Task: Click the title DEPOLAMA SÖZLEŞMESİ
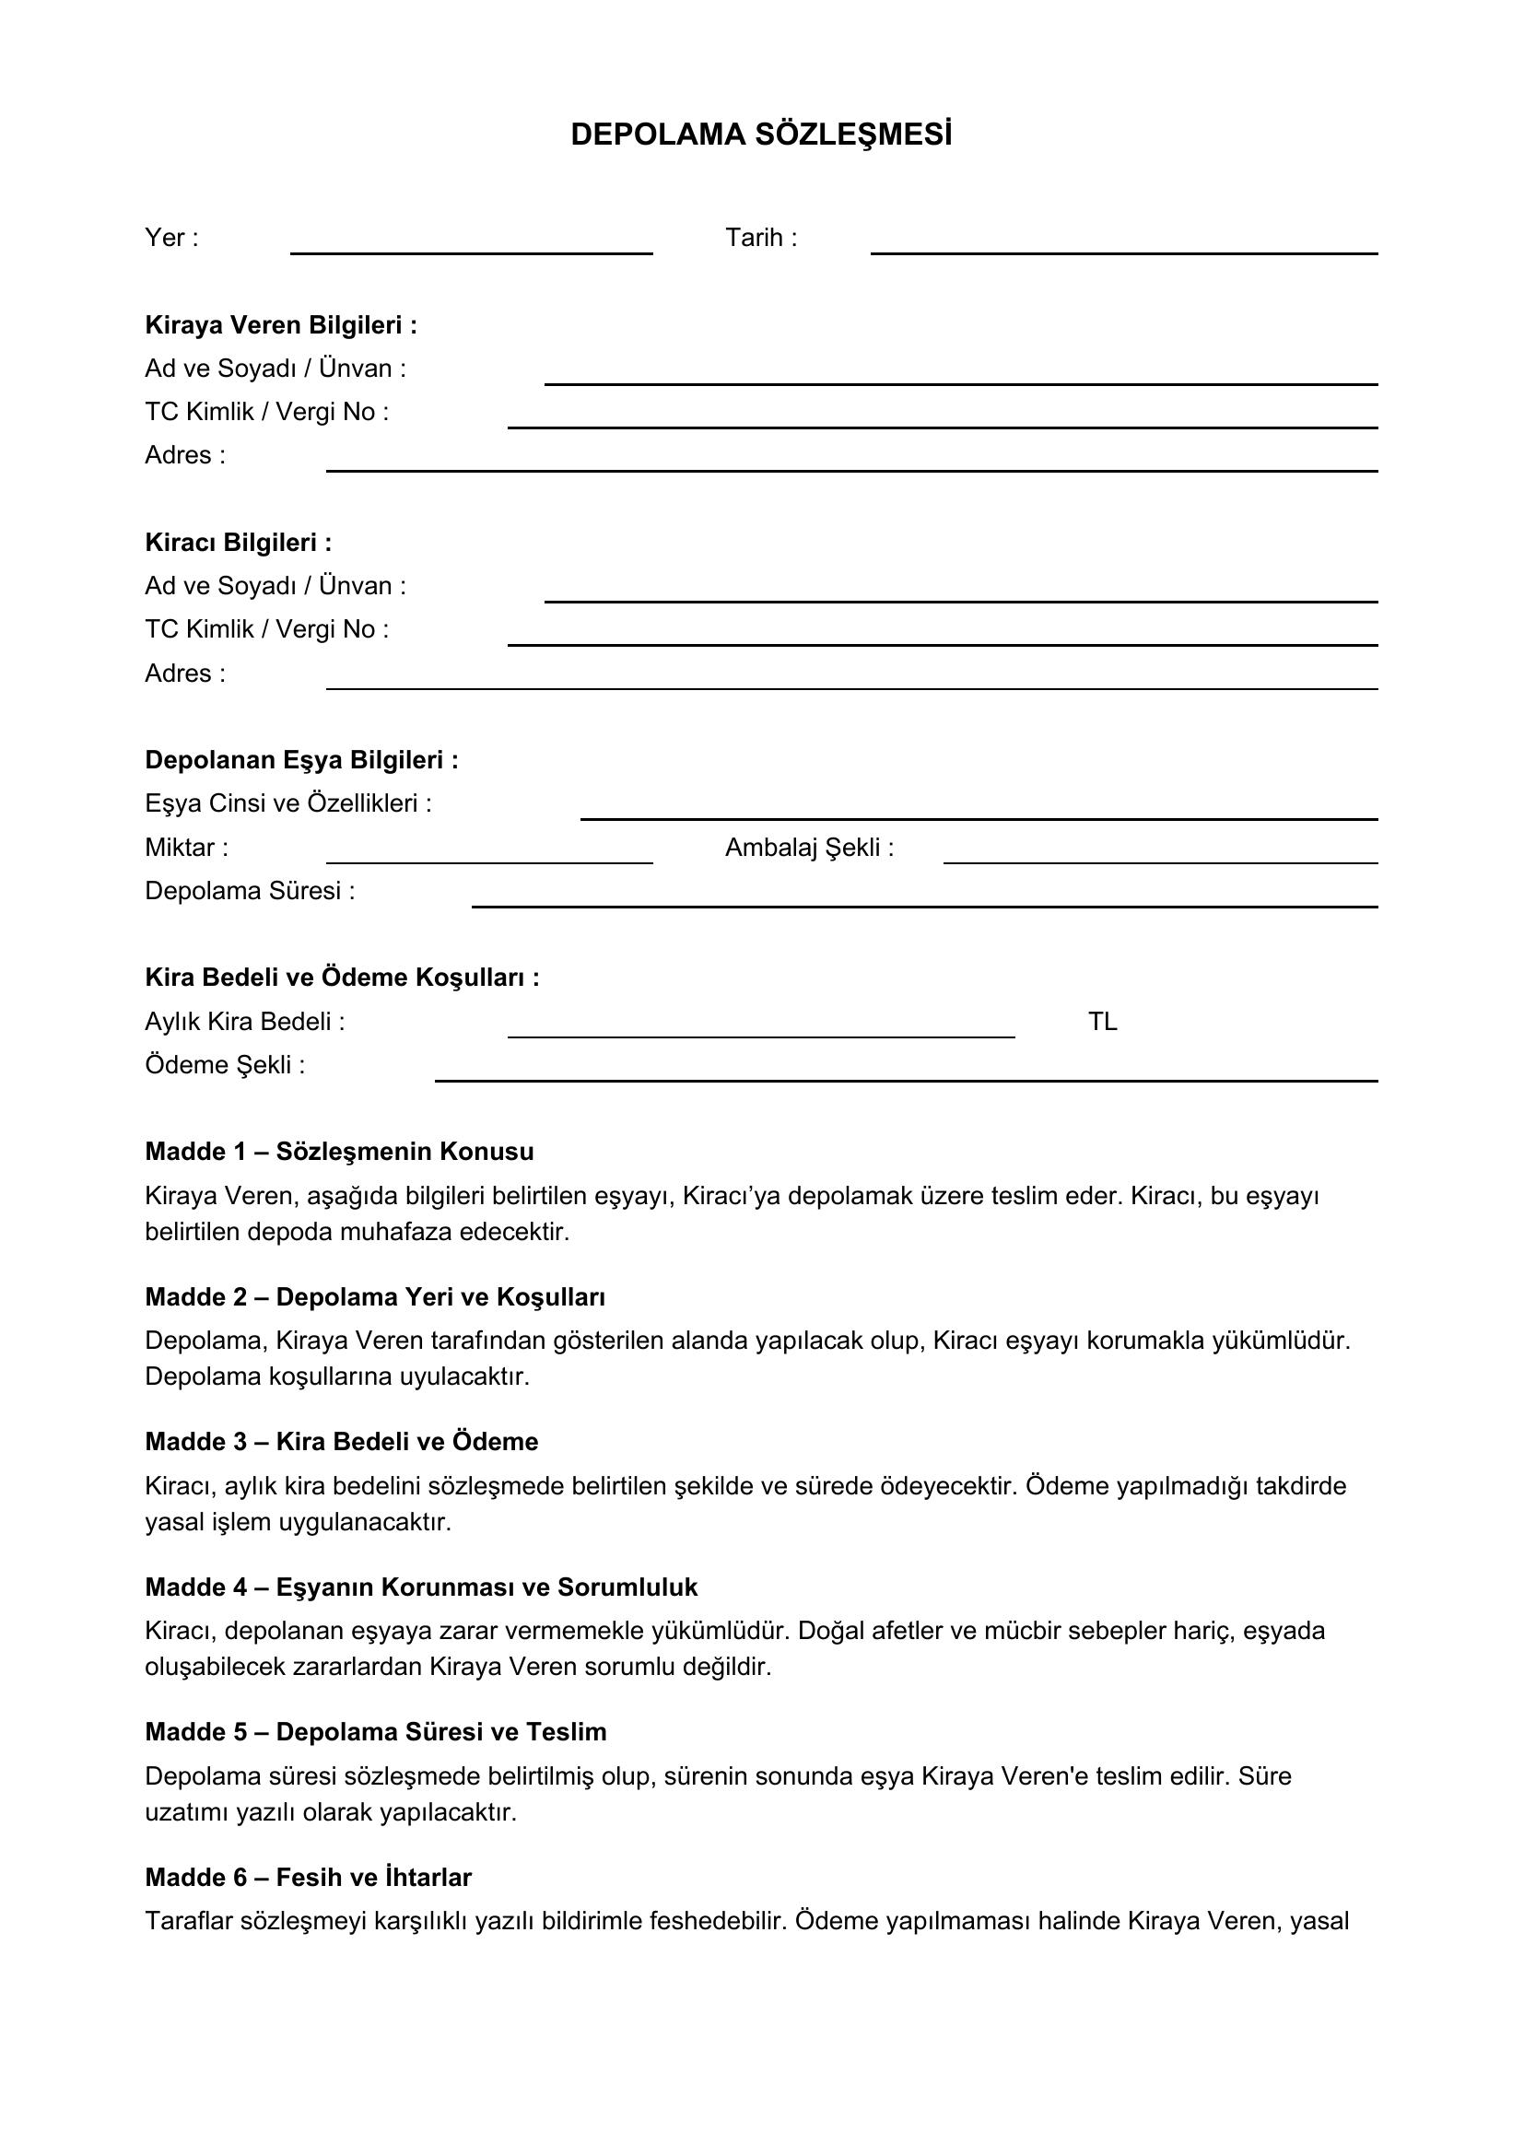[761, 135]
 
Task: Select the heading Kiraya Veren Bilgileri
[281, 324]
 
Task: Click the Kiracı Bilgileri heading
[239, 543]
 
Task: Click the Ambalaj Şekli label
[809, 848]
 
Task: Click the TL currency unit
[1103, 1021]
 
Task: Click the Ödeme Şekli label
[225, 1065]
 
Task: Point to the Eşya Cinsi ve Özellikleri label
[288, 803]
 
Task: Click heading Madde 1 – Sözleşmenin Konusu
[340, 1152]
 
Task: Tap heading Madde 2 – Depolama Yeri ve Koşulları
[375, 1297]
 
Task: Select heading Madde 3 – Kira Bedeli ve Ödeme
[342, 1442]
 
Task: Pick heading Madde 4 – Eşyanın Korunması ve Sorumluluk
[421, 1587]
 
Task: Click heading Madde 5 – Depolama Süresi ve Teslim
[375, 1732]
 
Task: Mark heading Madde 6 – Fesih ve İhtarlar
[308, 1877]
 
